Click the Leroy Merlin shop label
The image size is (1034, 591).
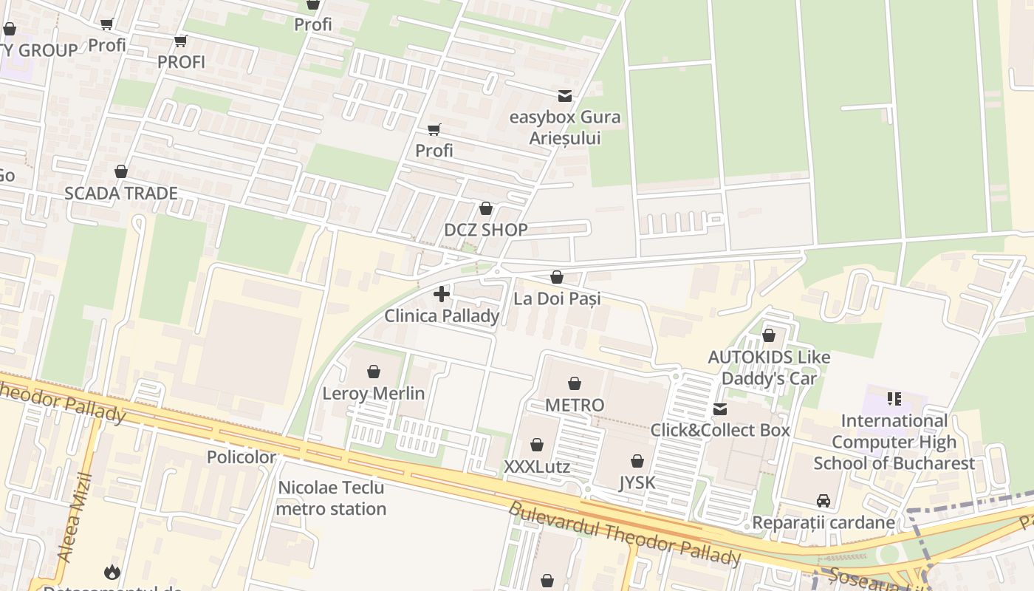click(373, 393)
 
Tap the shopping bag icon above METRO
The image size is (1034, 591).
click(575, 383)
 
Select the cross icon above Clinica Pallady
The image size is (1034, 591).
click(442, 294)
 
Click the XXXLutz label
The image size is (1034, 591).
click(537, 467)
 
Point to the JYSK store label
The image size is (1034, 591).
click(637, 483)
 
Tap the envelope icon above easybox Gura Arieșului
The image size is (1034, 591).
click(565, 96)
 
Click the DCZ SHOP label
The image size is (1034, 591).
click(485, 230)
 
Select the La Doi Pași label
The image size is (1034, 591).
click(556, 298)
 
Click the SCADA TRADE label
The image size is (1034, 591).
click(121, 194)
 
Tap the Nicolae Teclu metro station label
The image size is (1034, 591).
click(331, 498)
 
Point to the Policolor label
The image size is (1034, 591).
click(242, 457)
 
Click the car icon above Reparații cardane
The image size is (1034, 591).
click(823, 501)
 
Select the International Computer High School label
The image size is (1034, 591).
click(894, 442)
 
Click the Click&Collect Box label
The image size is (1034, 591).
click(719, 430)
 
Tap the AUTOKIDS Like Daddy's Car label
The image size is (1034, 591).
click(769, 368)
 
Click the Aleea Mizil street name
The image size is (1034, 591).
click(77, 517)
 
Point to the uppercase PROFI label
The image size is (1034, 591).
click(181, 62)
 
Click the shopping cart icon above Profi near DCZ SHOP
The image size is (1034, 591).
click(434, 130)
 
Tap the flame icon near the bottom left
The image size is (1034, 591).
click(112, 571)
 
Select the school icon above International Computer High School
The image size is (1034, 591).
click(894, 399)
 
